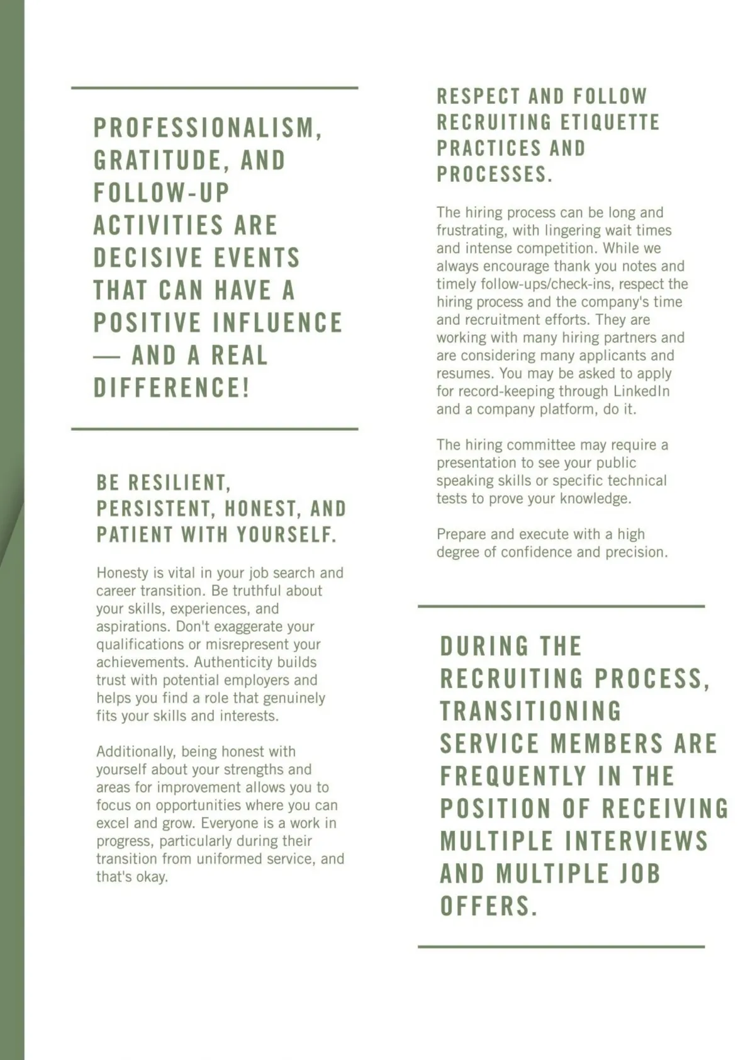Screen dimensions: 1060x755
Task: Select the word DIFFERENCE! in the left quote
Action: (172, 388)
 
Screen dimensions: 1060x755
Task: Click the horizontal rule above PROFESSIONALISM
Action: (215, 88)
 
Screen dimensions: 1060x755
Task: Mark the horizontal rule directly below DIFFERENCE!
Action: (215, 429)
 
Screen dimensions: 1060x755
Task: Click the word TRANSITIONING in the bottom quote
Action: (530, 711)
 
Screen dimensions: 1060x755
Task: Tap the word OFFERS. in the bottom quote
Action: (488, 906)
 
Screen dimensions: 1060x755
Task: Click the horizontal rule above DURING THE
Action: (561, 607)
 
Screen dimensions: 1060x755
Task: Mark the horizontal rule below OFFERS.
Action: (561, 947)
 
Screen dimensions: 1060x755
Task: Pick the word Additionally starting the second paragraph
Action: (136, 752)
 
